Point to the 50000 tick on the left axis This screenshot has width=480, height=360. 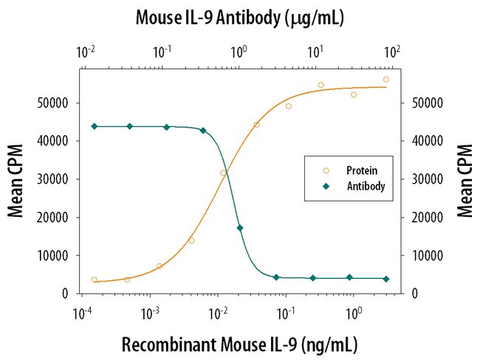point(55,103)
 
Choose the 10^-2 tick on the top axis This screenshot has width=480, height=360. point(86,53)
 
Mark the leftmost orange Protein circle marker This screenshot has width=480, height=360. point(94,280)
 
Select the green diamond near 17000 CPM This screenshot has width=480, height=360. point(240,228)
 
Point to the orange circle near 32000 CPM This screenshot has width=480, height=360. point(223,173)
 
